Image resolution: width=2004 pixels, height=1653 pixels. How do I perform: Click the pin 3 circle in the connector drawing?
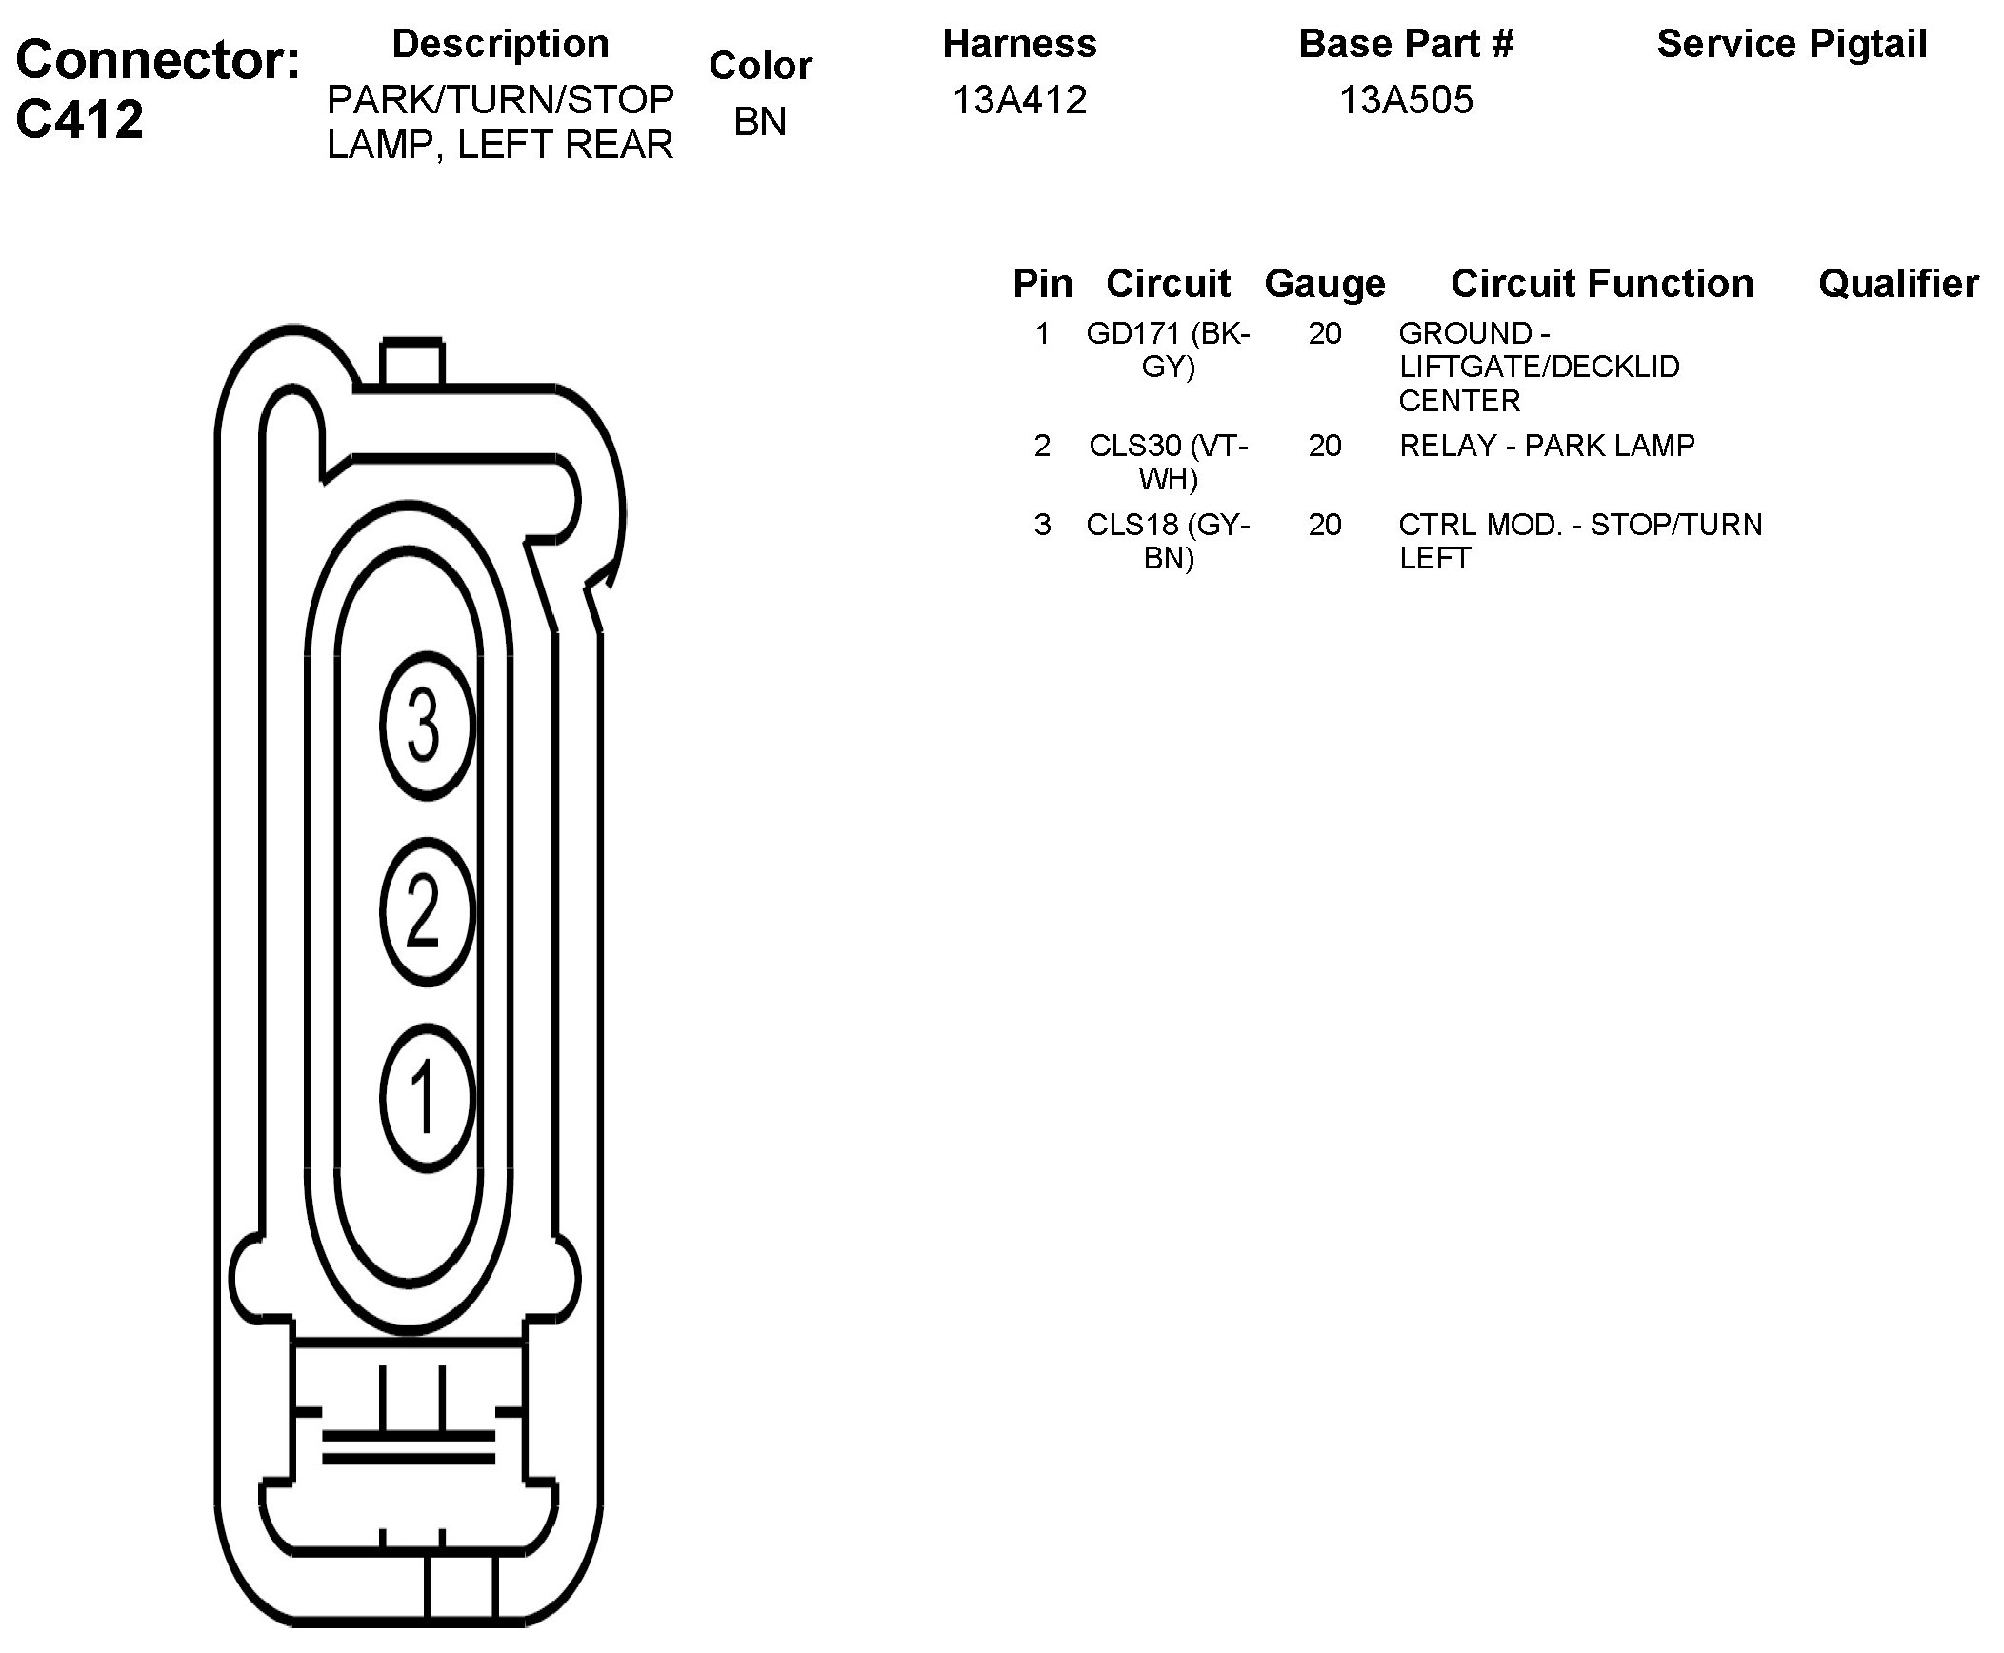point(425,727)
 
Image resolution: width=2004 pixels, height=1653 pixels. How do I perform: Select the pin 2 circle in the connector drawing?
point(425,911)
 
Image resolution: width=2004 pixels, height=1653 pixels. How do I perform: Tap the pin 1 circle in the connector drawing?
point(425,1097)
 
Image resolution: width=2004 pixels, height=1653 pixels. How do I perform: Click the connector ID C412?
point(80,119)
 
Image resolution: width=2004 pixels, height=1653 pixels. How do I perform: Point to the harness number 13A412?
point(1019,100)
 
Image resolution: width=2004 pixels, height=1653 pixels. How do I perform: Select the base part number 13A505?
point(1406,100)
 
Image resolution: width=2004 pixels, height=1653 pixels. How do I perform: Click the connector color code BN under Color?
point(760,121)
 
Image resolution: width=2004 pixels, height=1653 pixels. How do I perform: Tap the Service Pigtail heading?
point(1792,44)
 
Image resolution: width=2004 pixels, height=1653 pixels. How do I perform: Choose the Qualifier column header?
point(1898,284)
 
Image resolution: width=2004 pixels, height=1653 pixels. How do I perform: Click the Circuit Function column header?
point(1602,284)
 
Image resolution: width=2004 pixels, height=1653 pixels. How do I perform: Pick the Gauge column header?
point(1325,284)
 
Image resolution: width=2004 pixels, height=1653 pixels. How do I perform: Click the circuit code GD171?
point(1133,333)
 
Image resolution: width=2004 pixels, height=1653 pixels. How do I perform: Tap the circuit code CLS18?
point(1133,525)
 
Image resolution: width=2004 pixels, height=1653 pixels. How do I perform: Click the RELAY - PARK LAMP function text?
point(1547,446)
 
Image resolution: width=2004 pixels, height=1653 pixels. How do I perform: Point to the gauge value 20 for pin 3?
point(1325,525)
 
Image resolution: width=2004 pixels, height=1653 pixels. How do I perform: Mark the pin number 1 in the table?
point(1043,333)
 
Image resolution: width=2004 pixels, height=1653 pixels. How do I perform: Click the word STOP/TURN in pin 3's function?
point(1676,525)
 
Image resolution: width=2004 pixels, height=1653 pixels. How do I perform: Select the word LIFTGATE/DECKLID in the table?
point(1539,367)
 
